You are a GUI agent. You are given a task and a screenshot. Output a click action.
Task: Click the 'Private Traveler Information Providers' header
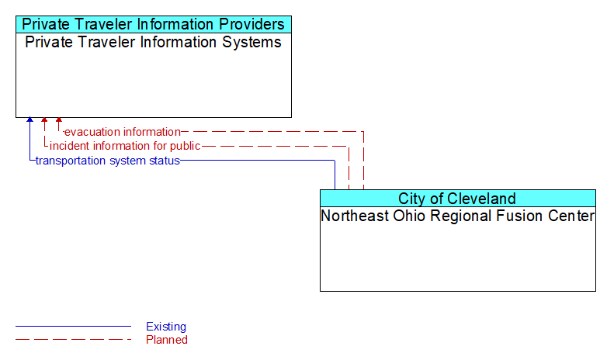pyautogui.click(x=153, y=24)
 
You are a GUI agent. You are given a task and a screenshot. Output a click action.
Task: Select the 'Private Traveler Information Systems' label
pyautogui.click(x=153, y=42)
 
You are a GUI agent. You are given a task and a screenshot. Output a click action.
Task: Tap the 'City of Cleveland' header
pyautogui.click(x=457, y=199)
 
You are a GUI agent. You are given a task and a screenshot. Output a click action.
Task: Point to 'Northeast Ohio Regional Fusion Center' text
pyautogui.click(x=457, y=216)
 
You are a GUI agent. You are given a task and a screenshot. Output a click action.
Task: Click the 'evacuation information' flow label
pyautogui.click(x=123, y=132)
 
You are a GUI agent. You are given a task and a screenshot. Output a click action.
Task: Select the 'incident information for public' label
pyautogui.click(x=125, y=146)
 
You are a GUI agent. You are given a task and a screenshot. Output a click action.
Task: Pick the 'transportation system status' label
pyautogui.click(x=108, y=161)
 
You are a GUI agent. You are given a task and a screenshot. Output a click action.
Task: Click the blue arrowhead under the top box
pyautogui.click(x=29, y=119)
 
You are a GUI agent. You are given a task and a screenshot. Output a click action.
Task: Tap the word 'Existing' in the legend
pyautogui.click(x=166, y=327)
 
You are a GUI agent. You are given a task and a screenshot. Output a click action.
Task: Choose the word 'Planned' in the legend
pyautogui.click(x=167, y=340)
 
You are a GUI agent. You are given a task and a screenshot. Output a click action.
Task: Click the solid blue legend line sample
pyautogui.click(x=73, y=327)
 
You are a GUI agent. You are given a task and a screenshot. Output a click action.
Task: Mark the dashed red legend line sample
pyautogui.click(x=73, y=340)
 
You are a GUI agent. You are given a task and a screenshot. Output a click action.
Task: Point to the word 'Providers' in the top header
pyautogui.click(x=252, y=24)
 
